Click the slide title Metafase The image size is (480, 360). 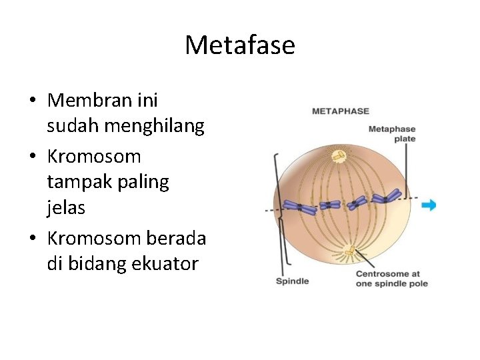[239, 45]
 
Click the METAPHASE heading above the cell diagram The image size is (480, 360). [340, 111]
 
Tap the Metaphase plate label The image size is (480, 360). [392, 133]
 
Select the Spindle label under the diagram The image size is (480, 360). [292, 281]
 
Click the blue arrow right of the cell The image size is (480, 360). [429, 205]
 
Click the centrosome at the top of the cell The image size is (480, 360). [339, 156]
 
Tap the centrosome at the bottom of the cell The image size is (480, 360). [349, 251]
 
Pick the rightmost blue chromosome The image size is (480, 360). [387, 196]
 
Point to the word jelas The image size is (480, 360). [66, 208]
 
